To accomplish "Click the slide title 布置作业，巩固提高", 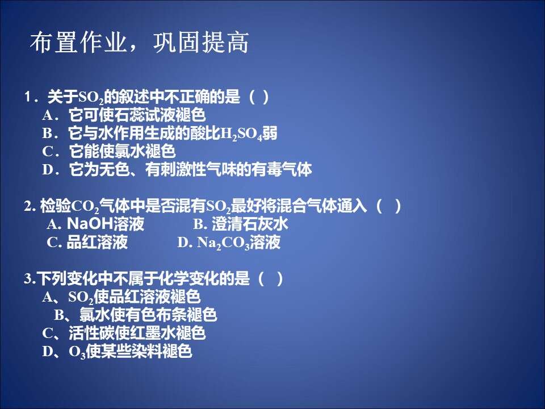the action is (139, 43).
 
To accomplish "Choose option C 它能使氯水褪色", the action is (109, 151).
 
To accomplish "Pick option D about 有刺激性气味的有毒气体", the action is (177, 169).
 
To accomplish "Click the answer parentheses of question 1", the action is (259, 97).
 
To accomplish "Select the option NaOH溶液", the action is (95, 224).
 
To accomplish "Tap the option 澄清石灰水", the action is (241, 224).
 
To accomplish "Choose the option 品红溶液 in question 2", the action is (87, 242).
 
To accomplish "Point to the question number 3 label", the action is (30, 278).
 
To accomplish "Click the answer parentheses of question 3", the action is (271, 278).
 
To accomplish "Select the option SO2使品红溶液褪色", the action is (121, 297).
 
